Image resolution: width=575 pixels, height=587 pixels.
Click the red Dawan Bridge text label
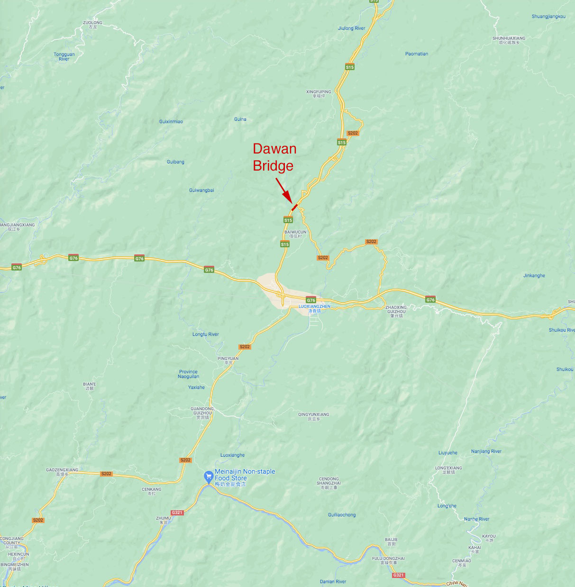tap(274, 157)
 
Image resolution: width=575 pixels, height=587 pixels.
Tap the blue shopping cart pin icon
tap(208, 477)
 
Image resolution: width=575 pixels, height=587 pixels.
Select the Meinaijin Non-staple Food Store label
tap(245, 478)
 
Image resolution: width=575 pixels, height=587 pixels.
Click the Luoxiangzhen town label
tap(314, 308)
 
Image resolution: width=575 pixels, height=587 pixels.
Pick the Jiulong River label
tap(351, 28)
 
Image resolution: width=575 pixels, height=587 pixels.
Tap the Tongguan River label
tap(64, 57)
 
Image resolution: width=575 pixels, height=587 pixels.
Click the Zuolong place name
tap(92, 25)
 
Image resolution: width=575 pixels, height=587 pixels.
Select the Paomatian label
tap(416, 54)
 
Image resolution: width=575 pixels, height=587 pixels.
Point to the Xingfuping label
tap(319, 94)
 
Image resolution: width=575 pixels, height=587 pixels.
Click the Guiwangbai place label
tap(201, 190)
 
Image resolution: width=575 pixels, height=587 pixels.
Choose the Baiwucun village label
tap(295, 234)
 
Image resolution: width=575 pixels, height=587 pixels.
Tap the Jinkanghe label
tap(534, 276)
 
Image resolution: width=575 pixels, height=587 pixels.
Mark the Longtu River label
tap(205, 334)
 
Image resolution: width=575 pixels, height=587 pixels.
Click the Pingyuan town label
tap(228, 361)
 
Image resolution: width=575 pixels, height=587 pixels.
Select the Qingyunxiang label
tap(313, 416)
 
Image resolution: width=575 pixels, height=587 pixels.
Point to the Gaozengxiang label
tap(62, 472)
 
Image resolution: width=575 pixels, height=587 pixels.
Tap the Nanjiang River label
tap(486, 452)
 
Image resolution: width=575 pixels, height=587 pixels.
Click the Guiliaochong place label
tap(341, 515)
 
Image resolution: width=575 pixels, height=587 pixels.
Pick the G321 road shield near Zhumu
tap(177, 513)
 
